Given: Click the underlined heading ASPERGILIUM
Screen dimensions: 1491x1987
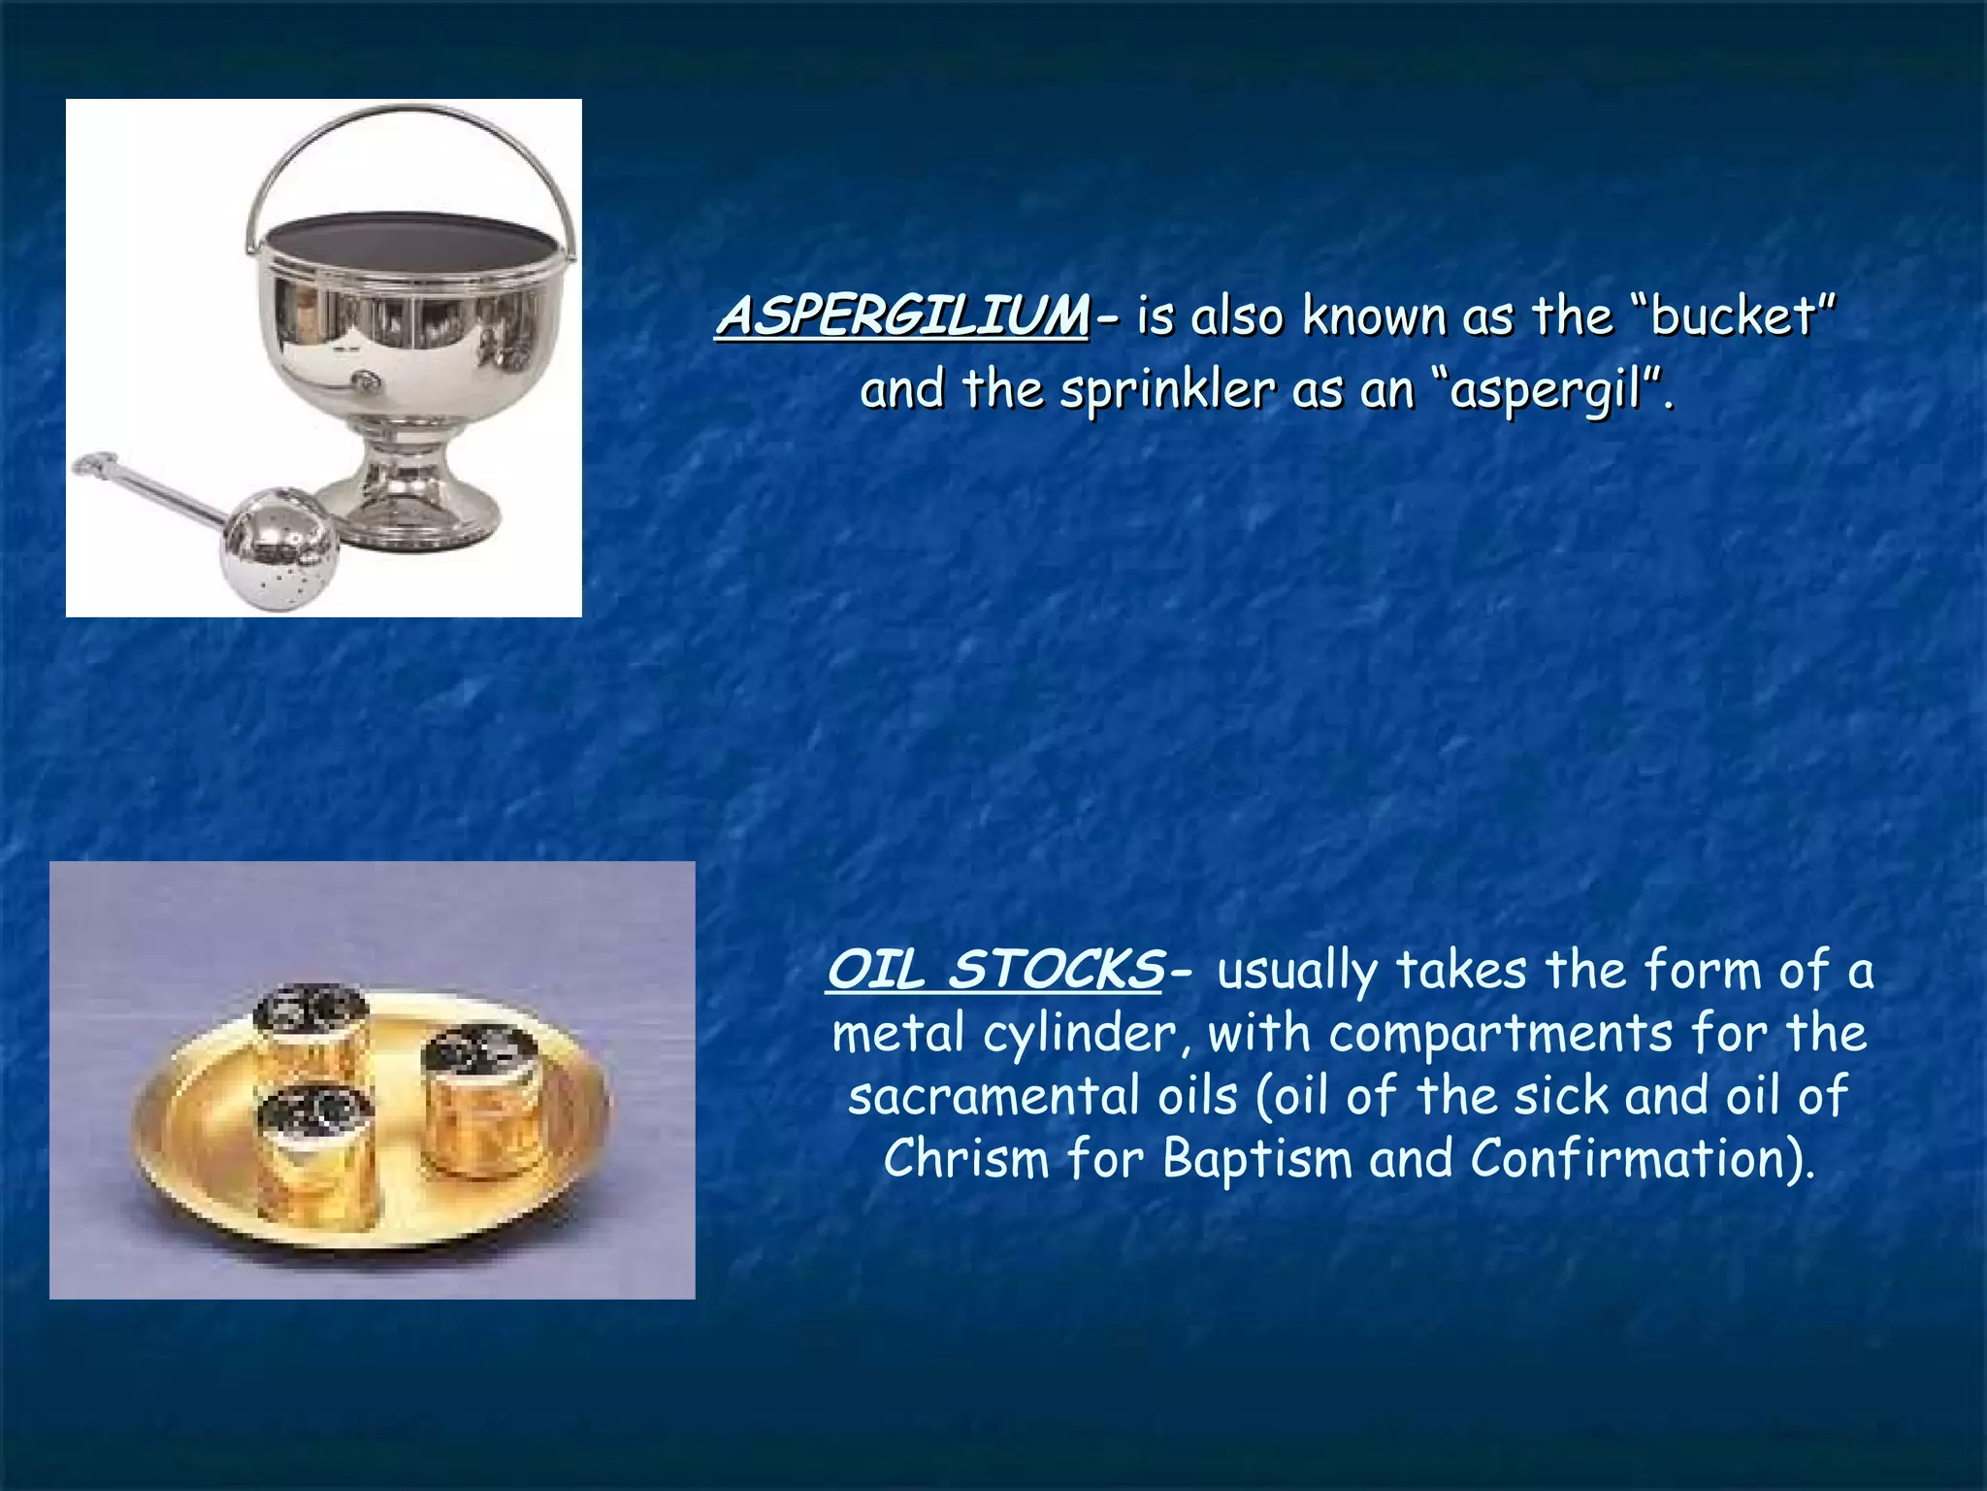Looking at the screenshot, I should click(x=902, y=316).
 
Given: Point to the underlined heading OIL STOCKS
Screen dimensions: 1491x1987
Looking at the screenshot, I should click(x=994, y=970).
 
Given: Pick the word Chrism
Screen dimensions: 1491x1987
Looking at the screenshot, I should click(x=966, y=1159).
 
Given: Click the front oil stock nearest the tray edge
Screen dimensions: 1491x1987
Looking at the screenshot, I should click(x=315, y=1150).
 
